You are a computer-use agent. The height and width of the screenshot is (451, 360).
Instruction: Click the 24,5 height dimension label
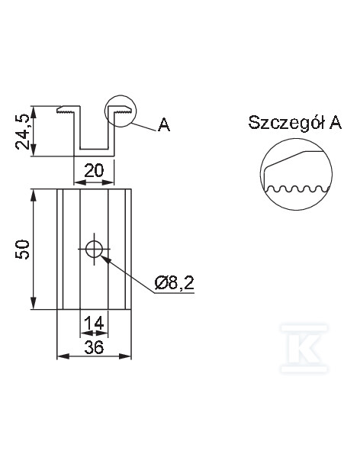(x=22, y=131)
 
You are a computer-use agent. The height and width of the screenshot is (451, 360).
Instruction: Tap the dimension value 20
(x=94, y=171)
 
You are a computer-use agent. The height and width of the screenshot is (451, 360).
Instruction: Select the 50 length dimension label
(x=22, y=250)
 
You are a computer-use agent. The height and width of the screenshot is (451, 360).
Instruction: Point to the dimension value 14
(x=94, y=323)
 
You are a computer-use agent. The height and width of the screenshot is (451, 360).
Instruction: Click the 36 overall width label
(x=94, y=347)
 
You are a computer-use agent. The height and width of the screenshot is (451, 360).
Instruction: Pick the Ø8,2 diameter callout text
(x=174, y=283)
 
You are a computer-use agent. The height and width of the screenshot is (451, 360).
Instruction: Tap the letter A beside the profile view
(x=164, y=124)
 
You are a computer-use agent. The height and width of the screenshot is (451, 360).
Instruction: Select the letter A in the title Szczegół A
(x=336, y=123)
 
